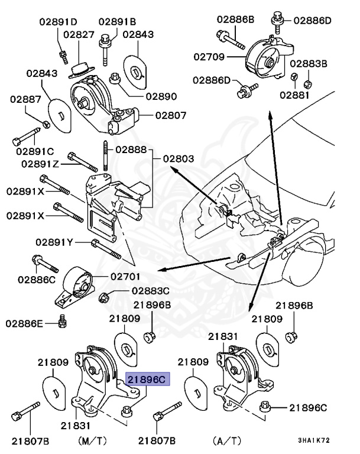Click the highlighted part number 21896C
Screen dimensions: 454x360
(148, 379)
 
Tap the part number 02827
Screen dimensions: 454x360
(79, 35)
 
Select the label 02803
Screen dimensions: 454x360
(178, 159)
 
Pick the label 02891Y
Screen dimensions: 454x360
(54, 242)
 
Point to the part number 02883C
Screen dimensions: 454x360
(150, 291)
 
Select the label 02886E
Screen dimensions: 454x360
(25, 323)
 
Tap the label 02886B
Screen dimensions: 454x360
(235, 20)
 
